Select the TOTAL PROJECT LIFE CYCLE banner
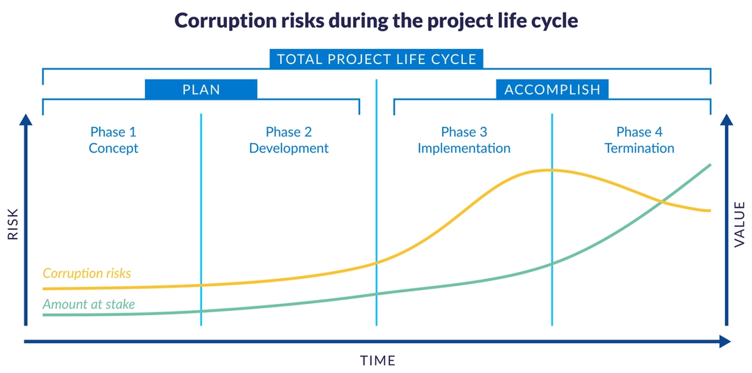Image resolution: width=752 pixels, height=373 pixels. point(377,59)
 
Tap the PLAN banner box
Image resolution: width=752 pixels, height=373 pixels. point(201,89)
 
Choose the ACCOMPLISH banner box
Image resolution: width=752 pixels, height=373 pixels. point(552,89)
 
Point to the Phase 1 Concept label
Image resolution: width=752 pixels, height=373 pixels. point(113,140)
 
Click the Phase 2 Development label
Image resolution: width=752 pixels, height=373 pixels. point(289,140)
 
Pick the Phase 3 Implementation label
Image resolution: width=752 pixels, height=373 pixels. point(464,140)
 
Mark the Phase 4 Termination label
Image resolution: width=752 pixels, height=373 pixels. point(639,140)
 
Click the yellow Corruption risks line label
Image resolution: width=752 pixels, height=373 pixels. point(87,273)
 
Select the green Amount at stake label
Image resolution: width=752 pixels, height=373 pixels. point(89,304)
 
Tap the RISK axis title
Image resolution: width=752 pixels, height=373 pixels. point(13,227)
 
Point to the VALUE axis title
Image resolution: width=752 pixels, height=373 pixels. point(739,224)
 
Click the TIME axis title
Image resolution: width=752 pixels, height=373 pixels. point(377,360)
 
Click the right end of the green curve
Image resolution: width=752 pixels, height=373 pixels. point(710,165)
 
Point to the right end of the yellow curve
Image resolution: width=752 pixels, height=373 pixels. point(710,211)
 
